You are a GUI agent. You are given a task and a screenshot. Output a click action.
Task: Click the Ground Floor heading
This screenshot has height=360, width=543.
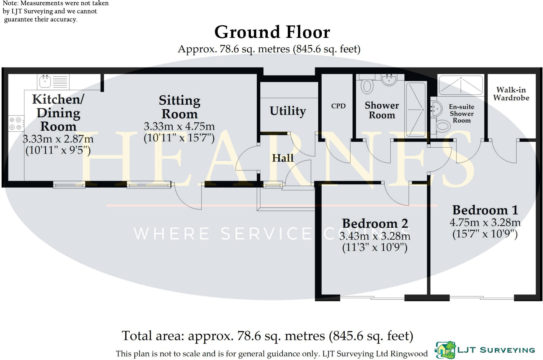tap(272, 32)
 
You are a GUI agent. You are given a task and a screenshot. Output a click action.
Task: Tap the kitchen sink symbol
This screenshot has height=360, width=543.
tap(45, 81)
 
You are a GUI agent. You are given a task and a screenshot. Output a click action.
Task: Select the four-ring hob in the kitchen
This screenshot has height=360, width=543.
tap(16, 124)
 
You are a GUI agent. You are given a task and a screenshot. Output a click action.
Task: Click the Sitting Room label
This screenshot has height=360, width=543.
tap(179, 107)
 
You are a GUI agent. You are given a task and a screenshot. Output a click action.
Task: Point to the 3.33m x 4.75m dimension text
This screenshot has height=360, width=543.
tap(179, 126)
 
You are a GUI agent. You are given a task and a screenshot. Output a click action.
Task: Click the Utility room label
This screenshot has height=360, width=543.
tap(288, 111)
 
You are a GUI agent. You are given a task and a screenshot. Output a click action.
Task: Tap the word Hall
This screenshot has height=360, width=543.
tap(283, 158)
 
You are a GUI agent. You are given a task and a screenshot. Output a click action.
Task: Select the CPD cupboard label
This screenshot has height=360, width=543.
tap(338, 106)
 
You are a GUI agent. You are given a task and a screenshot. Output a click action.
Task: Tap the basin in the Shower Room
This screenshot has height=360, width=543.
tap(389, 79)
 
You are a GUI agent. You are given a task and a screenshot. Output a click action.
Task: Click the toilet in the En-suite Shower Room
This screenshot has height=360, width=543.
tap(443, 126)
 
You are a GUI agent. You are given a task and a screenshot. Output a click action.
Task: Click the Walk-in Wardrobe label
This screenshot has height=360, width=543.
tap(511, 94)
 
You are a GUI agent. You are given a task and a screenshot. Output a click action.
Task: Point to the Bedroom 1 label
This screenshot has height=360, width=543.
tap(485, 210)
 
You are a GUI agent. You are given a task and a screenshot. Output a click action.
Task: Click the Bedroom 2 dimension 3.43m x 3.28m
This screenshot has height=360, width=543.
tap(375, 236)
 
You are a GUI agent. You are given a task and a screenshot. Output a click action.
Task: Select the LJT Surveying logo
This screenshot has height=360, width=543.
tap(485, 350)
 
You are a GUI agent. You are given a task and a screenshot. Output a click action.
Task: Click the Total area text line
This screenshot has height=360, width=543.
tap(267, 336)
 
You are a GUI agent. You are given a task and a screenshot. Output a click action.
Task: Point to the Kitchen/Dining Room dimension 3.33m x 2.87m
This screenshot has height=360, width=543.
tap(58, 139)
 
